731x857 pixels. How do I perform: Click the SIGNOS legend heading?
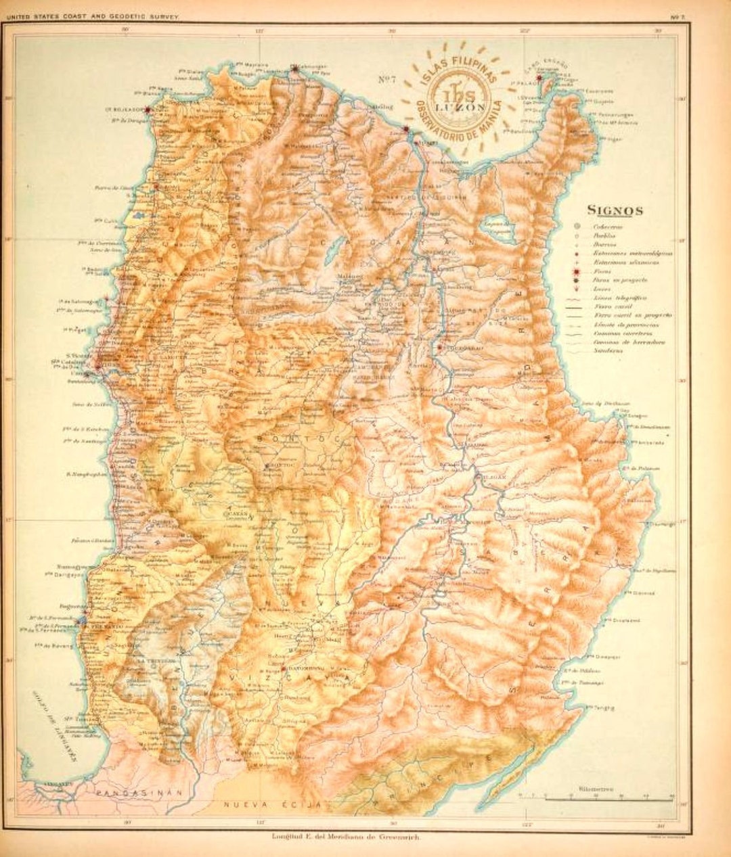pos(615,210)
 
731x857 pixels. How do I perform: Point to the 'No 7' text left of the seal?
pos(386,79)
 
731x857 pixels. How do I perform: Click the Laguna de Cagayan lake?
pos(497,229)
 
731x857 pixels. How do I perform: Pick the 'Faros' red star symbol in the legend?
pos(576,271)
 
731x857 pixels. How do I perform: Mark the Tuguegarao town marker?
pos(441,348)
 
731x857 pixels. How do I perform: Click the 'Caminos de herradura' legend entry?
pos(629,342)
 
